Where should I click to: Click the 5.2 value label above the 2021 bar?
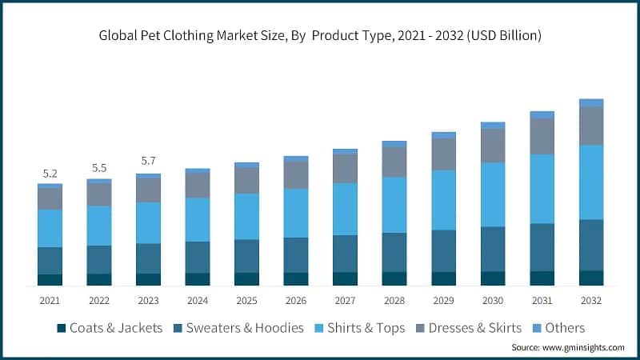(x=50, y=174)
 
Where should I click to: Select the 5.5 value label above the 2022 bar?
(x=99, y=168)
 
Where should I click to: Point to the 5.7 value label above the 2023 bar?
(x=148, y=161)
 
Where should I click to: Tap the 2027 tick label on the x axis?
(x=345, y=300)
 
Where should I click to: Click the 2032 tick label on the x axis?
(x=591, y=300)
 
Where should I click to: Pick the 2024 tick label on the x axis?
(x=198, y=300)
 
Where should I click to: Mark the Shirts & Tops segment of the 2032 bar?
(x=591, y=182)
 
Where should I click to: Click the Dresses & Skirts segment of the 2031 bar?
(x=542, y=136)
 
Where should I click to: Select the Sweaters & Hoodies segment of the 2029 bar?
(x=444, y=250)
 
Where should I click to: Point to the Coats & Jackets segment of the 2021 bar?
(x=50, y=279)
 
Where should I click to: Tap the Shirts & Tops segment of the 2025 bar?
(x=246, y=216)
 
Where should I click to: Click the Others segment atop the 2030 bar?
(x=493, y=126)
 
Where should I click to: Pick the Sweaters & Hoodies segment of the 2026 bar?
(x=296, y=254)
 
